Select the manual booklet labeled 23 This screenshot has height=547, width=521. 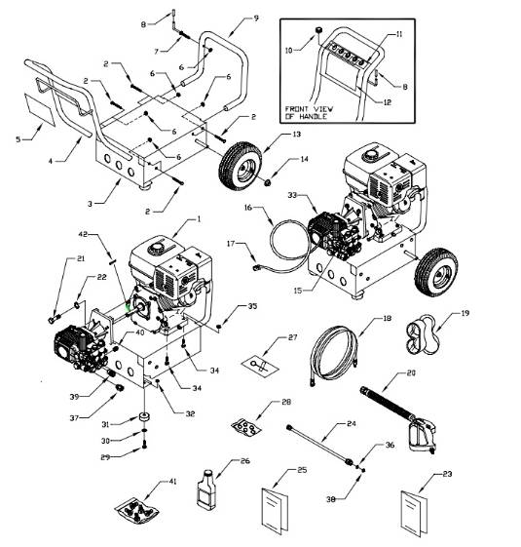[417, 509]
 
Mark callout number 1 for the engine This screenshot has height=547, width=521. [199, 219]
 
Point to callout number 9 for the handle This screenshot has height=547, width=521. [256, 18]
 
